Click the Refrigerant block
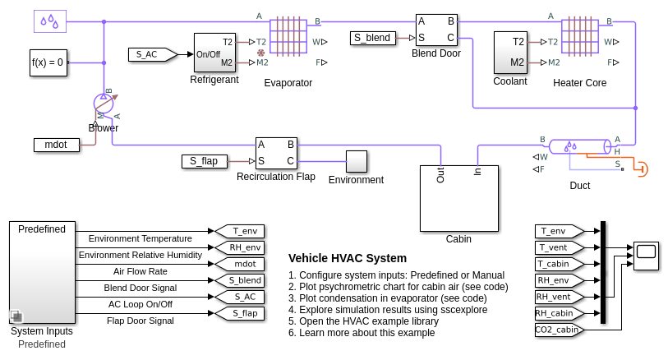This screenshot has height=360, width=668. (x=214, y=53)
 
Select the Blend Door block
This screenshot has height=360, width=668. (x=435, y=30)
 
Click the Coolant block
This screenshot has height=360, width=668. (x=510, y=53)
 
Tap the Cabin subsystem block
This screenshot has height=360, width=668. (x=458, y=198)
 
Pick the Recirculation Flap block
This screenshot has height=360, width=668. (x=276, y=153)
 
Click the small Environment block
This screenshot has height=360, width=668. (x=356, y=161)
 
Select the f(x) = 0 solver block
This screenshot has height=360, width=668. (x=48, y=62)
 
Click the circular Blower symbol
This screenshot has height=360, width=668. (x=104, y=104)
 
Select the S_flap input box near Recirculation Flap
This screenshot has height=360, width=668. (x=204, y=161)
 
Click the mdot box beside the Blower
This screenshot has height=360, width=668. (x=57, y=145)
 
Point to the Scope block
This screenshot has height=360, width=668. (x=646, y=256)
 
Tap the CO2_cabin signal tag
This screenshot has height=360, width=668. (x=557, y=330)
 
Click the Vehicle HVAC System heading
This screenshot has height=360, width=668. (x=348, y=258)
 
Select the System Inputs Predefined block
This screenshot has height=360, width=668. (x=42, y=272)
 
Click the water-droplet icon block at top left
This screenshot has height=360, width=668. (x=50, y=21)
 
